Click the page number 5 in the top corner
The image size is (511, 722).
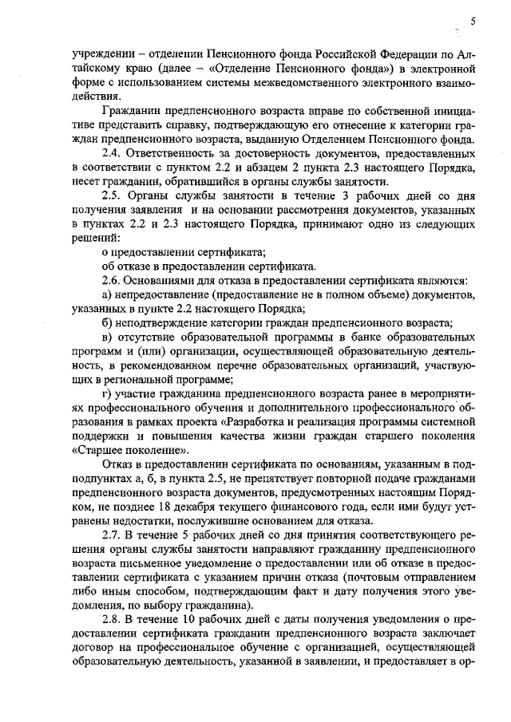(x=473, y=22)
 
